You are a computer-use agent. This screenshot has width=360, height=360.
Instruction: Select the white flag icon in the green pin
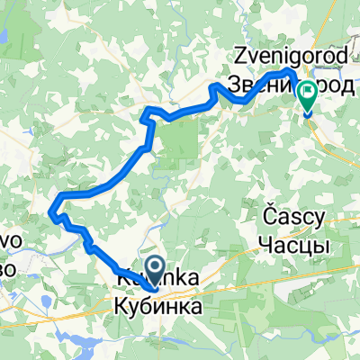tap(308, 91)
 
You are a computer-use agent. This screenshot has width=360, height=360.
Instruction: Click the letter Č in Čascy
tap(268, 216)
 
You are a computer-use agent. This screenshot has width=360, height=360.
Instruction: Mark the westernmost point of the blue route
tap(50, 212)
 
